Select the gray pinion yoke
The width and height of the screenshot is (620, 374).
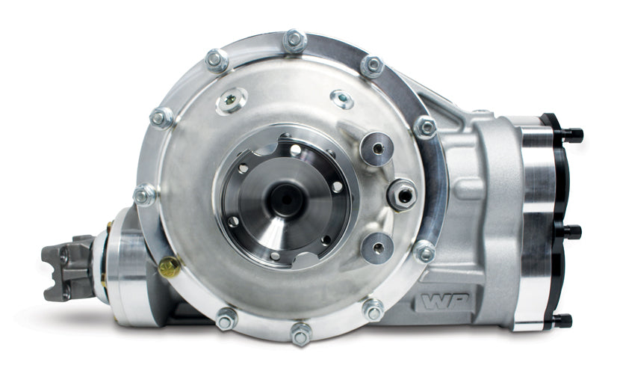coord(68,268)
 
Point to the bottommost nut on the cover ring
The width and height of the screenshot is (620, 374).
coord(301,334)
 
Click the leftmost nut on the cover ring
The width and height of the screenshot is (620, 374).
coord(145,194)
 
